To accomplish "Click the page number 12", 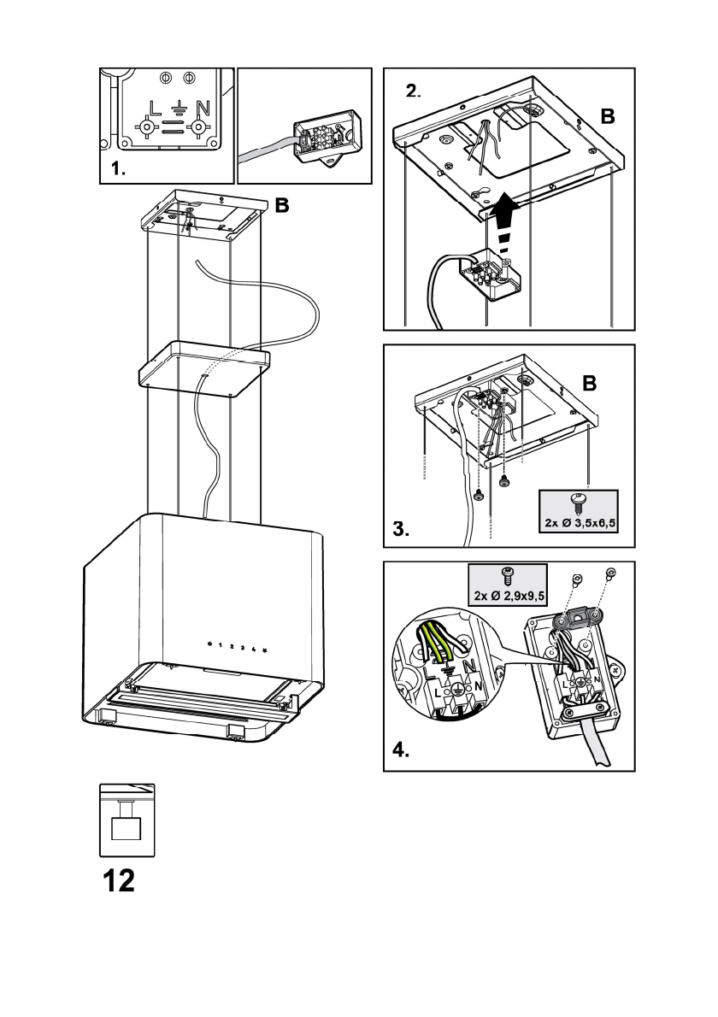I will click(x=119, y=880).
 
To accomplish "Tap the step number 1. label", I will click(x=118, y=169).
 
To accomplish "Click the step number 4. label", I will click(x=400, y=752).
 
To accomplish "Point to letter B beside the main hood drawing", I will click(x=281, y=205).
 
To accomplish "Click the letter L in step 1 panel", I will click(x=154, y=109).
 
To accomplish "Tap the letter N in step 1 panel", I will click(x=202, y=109).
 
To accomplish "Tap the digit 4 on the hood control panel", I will click(x=254, y=650).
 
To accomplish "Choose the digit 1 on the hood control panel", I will click(x=221, y=646).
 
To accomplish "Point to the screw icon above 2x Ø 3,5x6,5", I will click(x=579, y=500).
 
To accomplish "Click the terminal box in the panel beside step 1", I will click(x=325, y=137).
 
